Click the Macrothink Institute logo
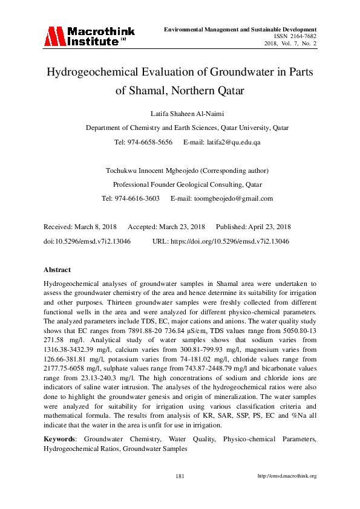click(x=89, y=36)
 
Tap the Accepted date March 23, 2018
click(x=182, y=227)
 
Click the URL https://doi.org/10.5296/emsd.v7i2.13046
click(x=231, y=241)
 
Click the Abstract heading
click(x=57, y=270)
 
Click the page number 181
click(x=180, y=476)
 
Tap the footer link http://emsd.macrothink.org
click(x=287, y=476)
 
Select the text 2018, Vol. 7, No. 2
click(x=290, y=44)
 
